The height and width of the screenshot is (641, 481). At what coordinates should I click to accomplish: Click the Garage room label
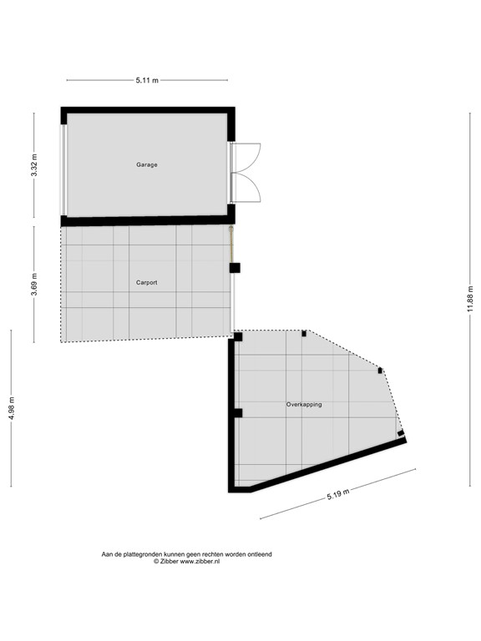click(x=147, y=164)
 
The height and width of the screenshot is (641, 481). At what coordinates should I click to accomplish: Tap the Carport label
click(x=147, y=283)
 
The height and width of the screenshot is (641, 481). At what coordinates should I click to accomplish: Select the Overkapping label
click(x=304, y=404)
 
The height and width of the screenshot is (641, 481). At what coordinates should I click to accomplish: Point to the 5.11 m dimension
click(x=147, y=81)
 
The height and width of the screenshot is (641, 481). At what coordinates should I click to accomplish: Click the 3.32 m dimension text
click(x=34, y=165)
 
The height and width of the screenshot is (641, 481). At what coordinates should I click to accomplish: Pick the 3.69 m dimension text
click(x=34, y=284)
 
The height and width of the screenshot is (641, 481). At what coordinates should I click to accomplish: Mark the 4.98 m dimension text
click(x=12, y=408)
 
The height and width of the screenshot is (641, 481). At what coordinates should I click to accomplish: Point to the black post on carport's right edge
click(x=235, y=268)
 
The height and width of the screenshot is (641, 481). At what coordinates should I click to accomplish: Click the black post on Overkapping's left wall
click(x=237, y=413)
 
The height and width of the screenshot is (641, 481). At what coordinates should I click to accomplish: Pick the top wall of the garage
click(x=147, y=110)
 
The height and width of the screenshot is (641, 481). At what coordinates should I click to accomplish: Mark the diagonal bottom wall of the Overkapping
click(x=326, y=465)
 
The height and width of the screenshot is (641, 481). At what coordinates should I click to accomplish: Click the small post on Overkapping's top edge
click(x=304, y=334)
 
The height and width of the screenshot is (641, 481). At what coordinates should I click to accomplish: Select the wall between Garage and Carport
click(x=147, y=221)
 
